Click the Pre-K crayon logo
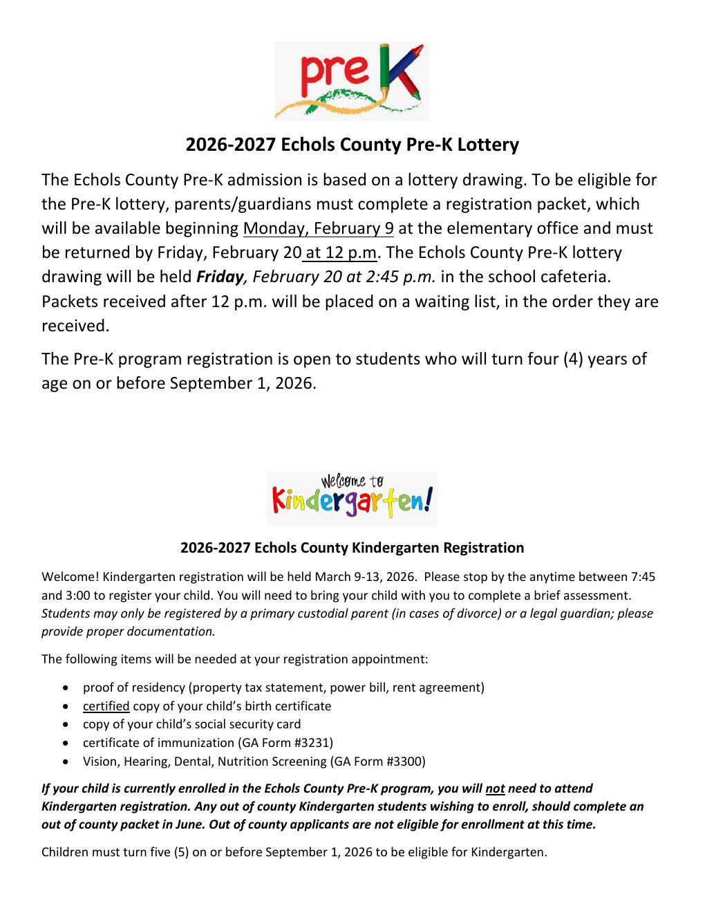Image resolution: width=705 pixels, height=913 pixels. pos(352,81)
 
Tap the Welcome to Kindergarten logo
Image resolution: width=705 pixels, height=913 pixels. pos(352,499)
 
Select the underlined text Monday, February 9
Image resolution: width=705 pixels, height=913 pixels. pos(318,228)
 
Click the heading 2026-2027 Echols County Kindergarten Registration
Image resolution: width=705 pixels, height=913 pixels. pos(352,548)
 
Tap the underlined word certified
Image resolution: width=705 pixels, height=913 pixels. pos(106,706)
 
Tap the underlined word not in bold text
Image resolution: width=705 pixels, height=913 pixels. pos(495,788)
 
